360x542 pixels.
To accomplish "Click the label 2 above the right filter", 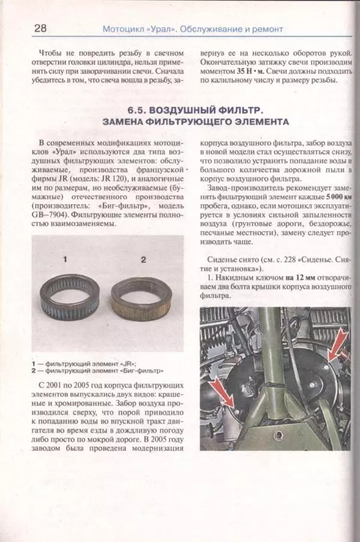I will pyautogui.click(x=143, y=259).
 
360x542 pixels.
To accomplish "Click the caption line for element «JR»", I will pyautogui.click(x=84, y=363).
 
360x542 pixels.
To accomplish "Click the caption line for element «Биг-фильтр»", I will pyautogui.click(x=96, y=370).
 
